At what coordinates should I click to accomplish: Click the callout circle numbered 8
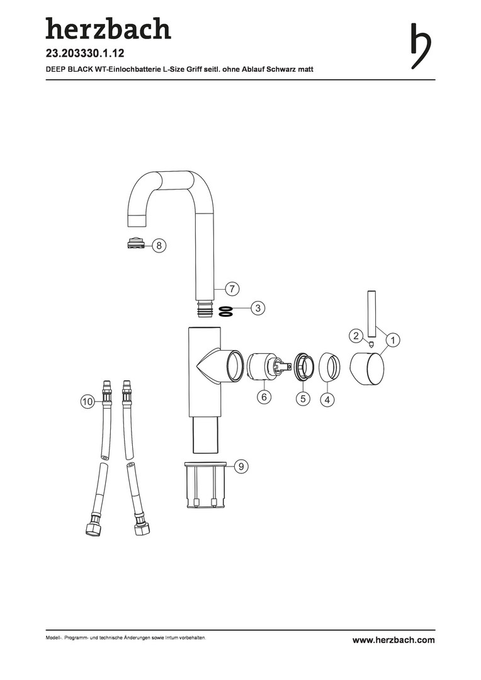click(159, 246)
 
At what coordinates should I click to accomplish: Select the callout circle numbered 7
click(232, 288)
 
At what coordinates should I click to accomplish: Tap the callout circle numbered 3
click(258, 309)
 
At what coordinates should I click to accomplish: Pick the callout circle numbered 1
click(393, 341)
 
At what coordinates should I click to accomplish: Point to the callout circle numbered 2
click(356, 335)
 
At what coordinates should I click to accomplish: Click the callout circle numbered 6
click(264, 397)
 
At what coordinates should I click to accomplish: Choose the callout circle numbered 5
click(303, 398)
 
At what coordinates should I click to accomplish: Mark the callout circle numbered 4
click(327, 399)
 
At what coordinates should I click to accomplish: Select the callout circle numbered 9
click(242, 467)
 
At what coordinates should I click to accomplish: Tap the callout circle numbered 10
click(88, 402)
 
